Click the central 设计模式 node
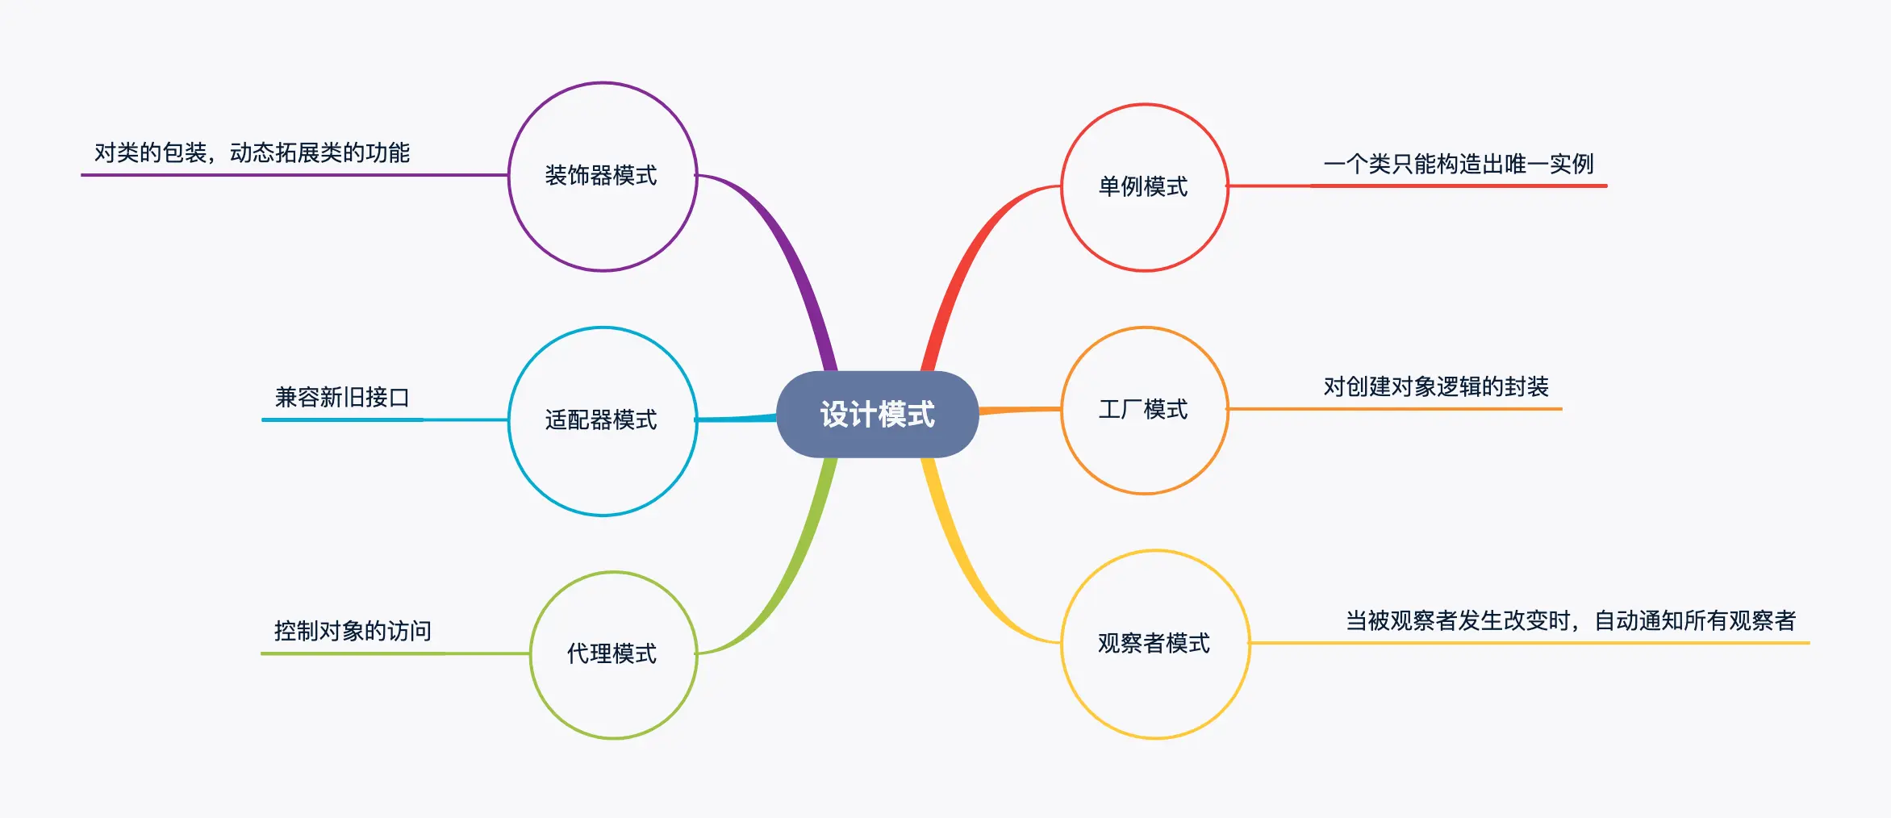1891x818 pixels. click(x=877, y=414)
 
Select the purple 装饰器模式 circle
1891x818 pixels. click(x=602, y=176)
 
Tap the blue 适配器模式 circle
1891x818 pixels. click(x=602, y=420)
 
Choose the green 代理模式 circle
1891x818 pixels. click(x=613, y=654)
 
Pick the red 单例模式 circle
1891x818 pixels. click(x=1144, y=187)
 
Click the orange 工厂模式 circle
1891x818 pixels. click(x=1144, y=410)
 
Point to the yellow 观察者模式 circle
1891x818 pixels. click(x=1154, y=644)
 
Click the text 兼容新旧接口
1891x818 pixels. click(x=342, y=397)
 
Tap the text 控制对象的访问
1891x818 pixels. click(x=353, y=631)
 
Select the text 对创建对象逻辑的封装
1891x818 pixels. click(x=1436, y=386)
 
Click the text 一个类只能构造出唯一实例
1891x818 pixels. click(x=1459, y=164)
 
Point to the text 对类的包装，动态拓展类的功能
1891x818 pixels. click(x=252, y=152)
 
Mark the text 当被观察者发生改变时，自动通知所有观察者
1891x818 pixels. click(x=1571, y=620)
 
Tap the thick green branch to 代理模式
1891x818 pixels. click(x=795, y=565)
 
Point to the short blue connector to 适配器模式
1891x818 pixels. click(x=736, y=419)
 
